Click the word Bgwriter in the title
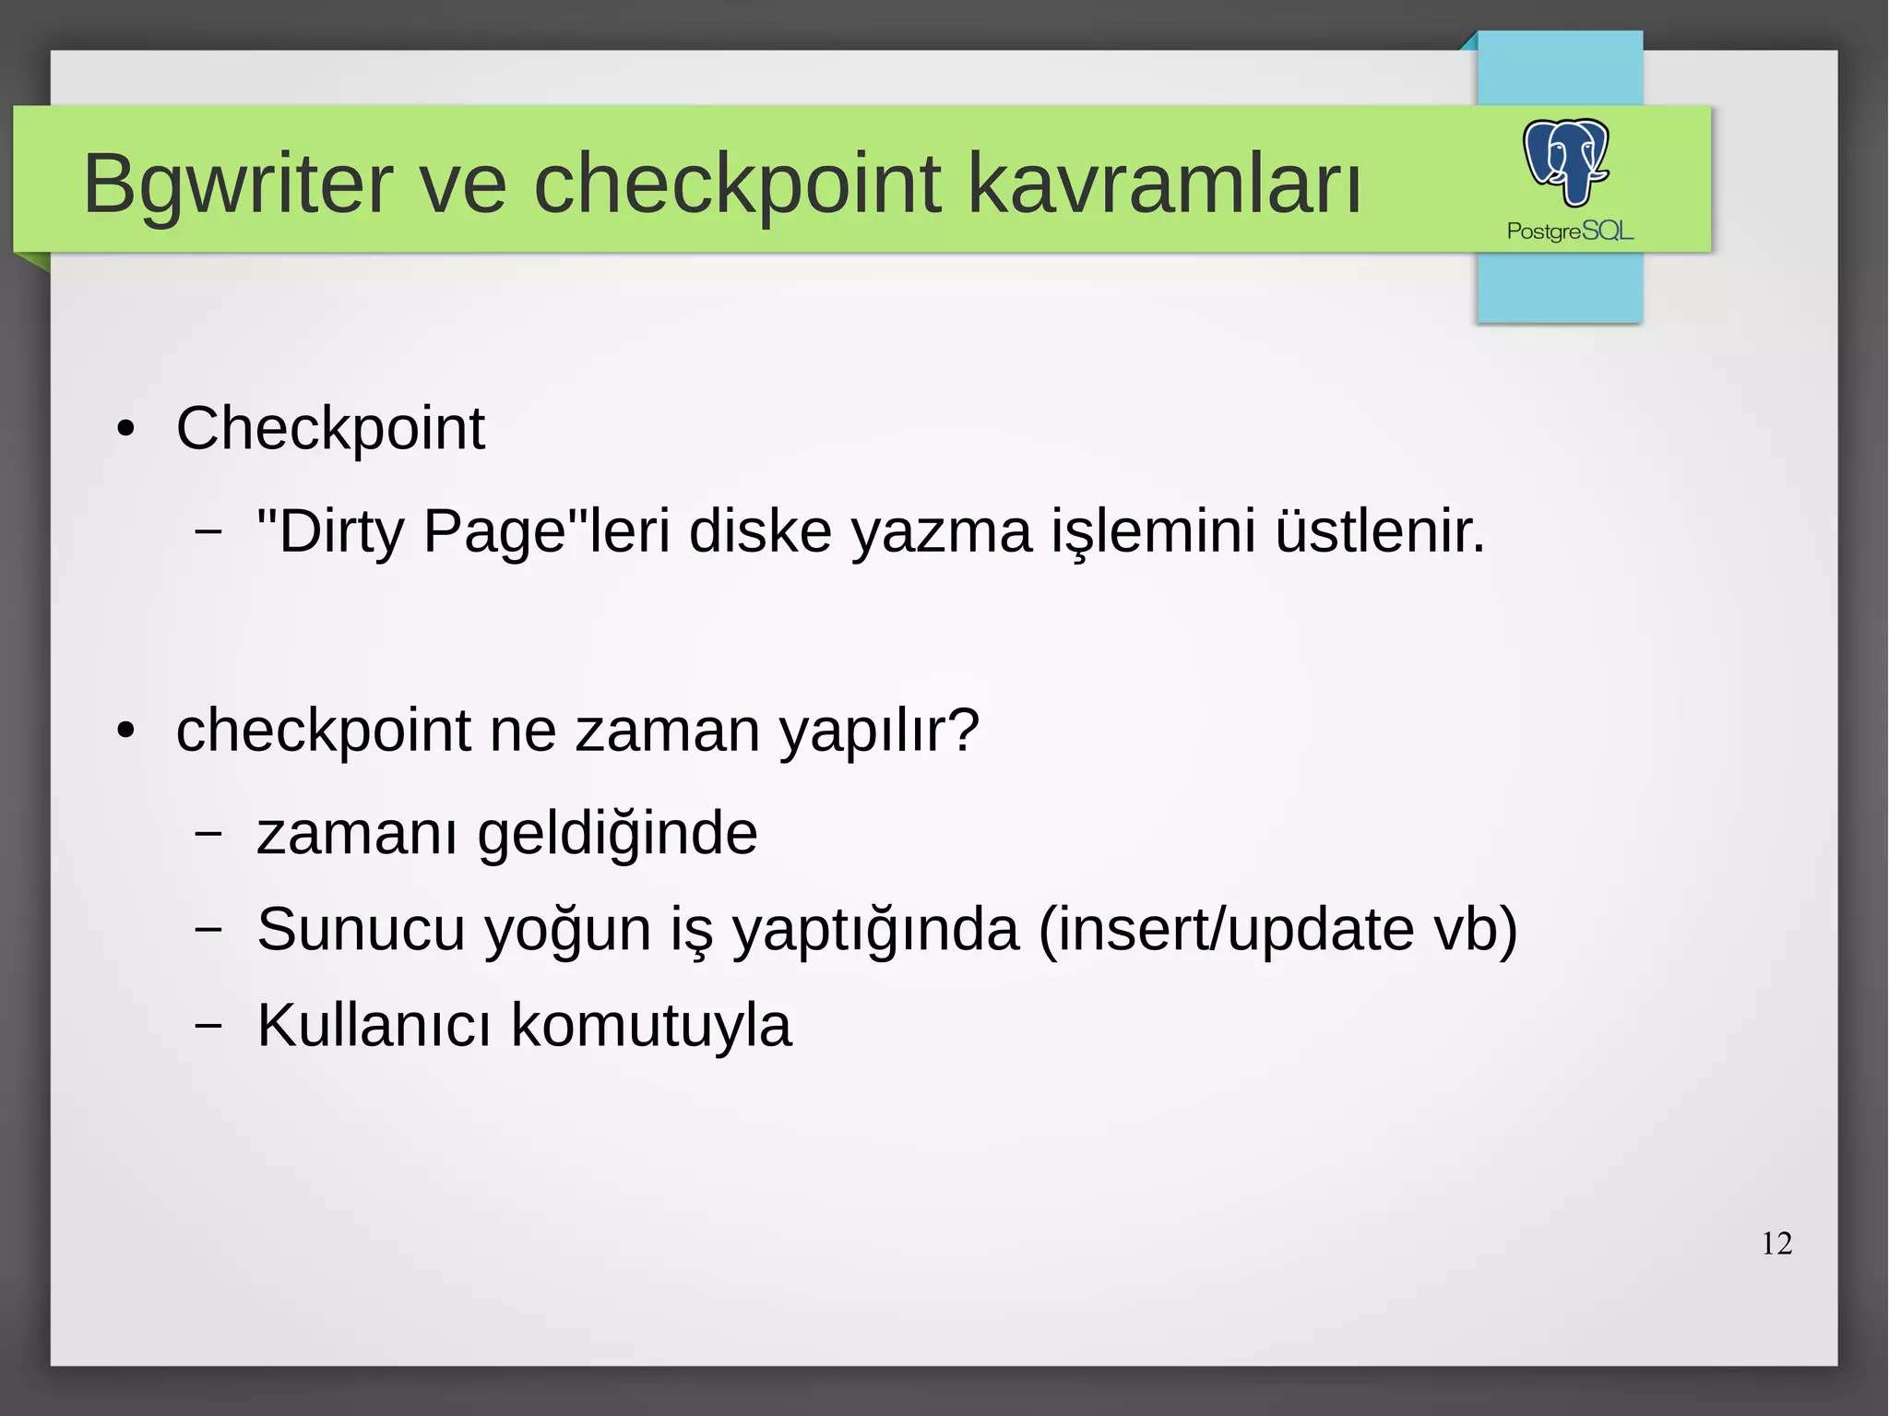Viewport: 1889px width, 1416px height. (237, 184)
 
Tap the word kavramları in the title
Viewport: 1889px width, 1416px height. (1164, 184)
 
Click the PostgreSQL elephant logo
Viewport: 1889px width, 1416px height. (1565, 161)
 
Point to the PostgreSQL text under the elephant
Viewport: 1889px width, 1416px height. (1570, 231)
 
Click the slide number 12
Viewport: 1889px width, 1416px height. (1776, 1243)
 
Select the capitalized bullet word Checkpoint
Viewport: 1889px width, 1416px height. (330, 429)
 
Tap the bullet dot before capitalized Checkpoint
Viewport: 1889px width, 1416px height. (126, 430)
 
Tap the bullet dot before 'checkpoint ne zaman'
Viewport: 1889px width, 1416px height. (126, 732)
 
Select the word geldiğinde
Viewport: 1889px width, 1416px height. (617, 833)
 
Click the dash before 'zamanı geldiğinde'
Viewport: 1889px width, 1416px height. (209, 833)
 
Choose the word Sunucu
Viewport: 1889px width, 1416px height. (361, 929)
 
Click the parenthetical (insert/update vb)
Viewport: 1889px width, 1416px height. (1277, 929)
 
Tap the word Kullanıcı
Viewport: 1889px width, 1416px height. (374, 1025)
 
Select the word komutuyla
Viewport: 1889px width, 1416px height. (651, 1025)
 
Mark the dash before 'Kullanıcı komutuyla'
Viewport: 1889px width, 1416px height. (209, 1025)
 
